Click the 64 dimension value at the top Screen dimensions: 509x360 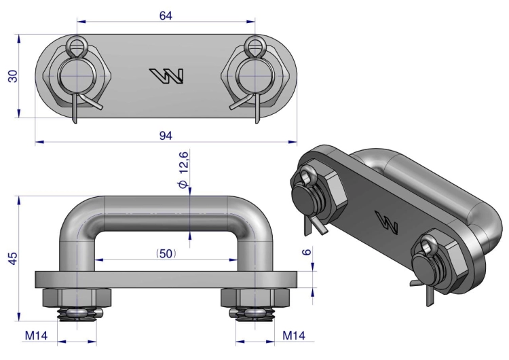coord(166,15)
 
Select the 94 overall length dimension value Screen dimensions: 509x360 coord(166,135)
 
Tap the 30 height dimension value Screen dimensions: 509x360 coord(13,76)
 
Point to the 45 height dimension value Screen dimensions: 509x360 coord(13,258)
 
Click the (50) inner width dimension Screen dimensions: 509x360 coord(166,254)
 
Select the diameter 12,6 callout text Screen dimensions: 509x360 coord(183,169)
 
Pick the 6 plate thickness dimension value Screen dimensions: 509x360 coord(307,251)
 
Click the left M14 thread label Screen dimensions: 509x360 coord(36,336)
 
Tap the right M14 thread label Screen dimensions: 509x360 coord(294,336)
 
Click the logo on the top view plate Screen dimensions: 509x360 coord(166,75)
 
